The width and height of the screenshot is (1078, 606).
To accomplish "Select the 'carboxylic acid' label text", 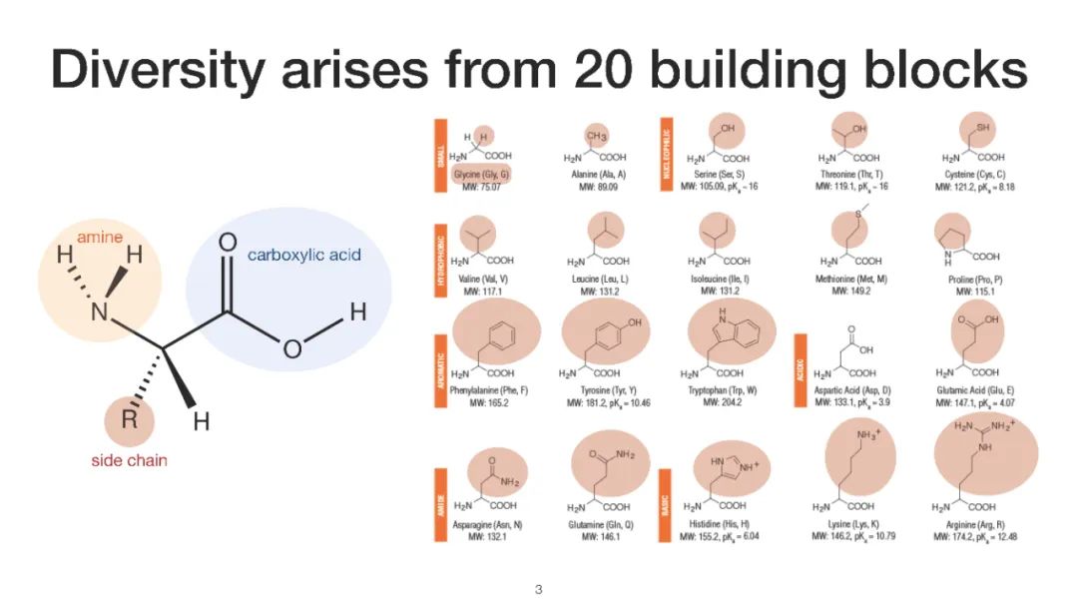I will tap(303, 256).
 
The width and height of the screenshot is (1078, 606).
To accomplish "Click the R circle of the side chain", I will tap(130, 419).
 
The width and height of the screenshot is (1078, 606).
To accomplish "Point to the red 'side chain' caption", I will tap(129, 460).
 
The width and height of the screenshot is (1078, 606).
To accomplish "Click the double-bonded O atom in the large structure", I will tap(228, 242).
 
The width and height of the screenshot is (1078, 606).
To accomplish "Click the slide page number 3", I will tap(538, 589).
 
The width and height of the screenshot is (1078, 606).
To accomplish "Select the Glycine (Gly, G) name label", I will tap(481, 174).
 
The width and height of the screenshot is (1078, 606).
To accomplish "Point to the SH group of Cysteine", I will tap(983, 129).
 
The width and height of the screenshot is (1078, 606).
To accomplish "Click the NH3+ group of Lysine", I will tap(870, 435).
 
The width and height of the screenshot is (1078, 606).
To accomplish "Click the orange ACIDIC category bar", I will tap(800, 369).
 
